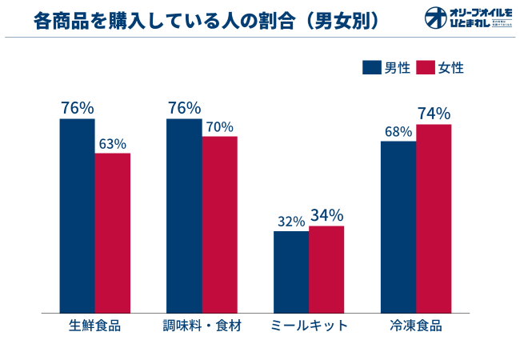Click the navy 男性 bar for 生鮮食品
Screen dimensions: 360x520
pyautogui.click(x=77, y=215)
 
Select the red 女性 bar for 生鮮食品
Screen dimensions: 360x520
pyautogui.click(x=113, y=232)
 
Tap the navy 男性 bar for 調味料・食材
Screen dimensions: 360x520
pyautogui.click(x=184, y=215)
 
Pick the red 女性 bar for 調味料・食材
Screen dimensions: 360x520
pyautogui.click(x=220, y=224)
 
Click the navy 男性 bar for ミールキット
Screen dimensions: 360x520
pyautogui.click(x=290, y=271)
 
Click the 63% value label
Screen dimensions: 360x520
pyautogui.click(x=113, y=144)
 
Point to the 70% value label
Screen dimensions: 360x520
pyautogui.click(x=220, y=127)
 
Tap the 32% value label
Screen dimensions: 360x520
pyautogui.click(x=291, y=222)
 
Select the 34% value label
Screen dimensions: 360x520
pyautogui.click(x=326, y=215)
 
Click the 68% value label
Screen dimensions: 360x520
pyautogui.click(x=398, y=131)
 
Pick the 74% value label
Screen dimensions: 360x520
pyautogui.click(x=434, y=114)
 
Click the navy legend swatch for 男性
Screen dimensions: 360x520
pyautogui.click(x=372, y=68)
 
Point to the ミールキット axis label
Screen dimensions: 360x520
pyautogui.click(x=309, y=326)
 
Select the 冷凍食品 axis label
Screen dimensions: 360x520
pyautogui.click(x=416, y=326)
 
